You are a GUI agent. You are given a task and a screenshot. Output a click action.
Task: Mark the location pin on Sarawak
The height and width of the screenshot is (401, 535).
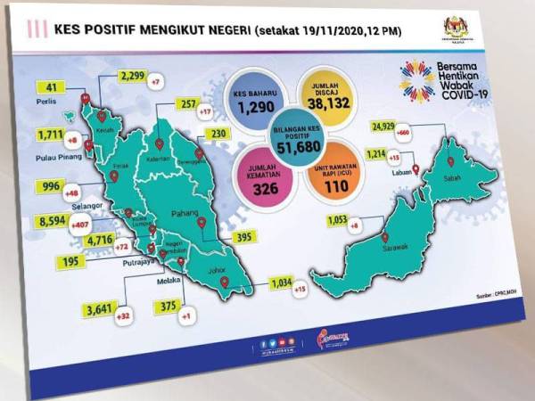point(385,237)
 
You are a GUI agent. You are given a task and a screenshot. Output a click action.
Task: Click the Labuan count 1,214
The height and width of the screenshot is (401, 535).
point(379,154)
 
